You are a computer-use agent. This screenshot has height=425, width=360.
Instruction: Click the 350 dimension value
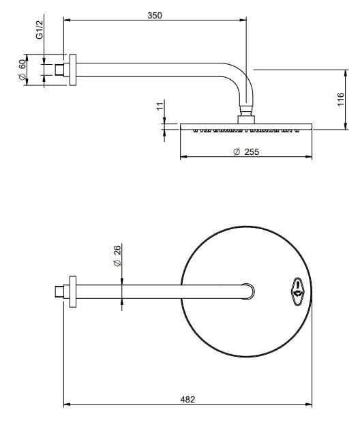point(155,14)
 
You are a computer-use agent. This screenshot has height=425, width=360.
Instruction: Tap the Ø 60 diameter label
point(22,70)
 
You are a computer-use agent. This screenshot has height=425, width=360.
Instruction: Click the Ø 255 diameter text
point(245,151)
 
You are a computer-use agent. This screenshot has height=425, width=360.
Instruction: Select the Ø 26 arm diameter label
point(117,257)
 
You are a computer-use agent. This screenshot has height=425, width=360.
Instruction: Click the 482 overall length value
point(187,399)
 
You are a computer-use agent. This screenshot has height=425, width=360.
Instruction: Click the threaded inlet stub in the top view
point(59,291)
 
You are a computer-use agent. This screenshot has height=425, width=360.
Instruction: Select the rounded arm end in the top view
point(250,291)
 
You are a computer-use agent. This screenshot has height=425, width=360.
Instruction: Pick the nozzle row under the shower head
point(245,129)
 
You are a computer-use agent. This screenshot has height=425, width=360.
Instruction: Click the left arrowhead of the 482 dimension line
point(67,407)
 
